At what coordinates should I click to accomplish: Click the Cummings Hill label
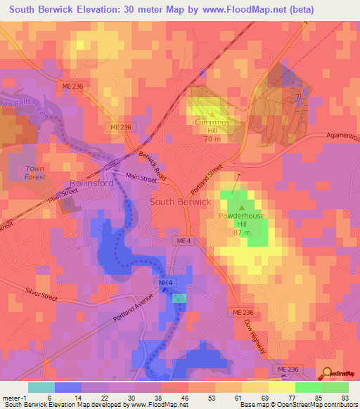[213, 126]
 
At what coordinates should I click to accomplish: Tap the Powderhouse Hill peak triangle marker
[242, 208]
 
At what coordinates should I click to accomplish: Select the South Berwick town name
[180, 202]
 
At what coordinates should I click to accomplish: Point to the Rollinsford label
[88, 183]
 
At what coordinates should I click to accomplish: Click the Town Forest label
[35, 172]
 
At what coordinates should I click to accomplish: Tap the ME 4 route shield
[181, 241]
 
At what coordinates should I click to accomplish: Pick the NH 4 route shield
[164, 283]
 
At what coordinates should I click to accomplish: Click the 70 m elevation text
[213, 140]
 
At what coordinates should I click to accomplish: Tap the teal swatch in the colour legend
[41, 387]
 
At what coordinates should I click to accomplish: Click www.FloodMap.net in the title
[229, 9]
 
